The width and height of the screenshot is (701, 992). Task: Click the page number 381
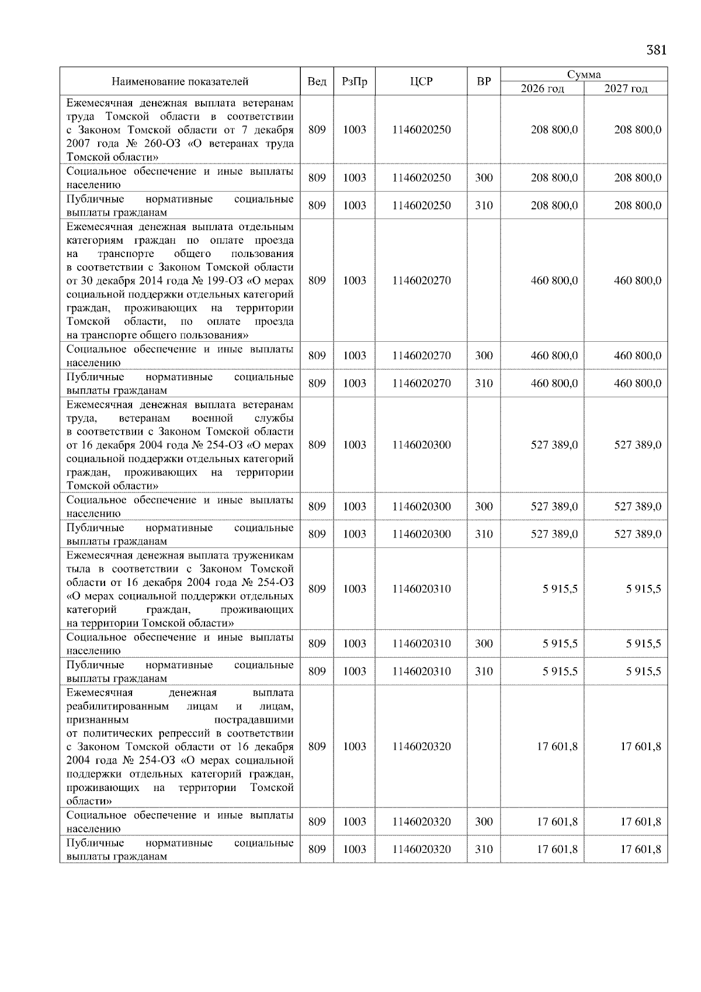(x=656, y=50)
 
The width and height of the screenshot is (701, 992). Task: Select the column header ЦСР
(x=421, y=82)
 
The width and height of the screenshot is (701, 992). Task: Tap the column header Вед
(x=317, y=82)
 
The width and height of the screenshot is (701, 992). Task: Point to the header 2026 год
(x=542, y=89)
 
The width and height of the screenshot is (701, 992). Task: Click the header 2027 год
(x=626, y=89)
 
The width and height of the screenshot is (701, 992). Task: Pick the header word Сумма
(x=584, y=74)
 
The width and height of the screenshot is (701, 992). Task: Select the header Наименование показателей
(x=180, y=82)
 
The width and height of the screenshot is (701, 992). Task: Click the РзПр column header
(x=354, y=82)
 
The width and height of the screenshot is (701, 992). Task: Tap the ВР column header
(x=484, y=82)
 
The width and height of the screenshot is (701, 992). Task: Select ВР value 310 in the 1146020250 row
(x=484, y=206)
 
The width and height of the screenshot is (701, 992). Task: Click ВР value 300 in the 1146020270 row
(x=484, y=356)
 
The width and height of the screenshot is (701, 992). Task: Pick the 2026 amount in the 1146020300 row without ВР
(x=554, y=445)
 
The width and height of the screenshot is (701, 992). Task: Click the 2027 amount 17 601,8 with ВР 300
(x=640, y=822)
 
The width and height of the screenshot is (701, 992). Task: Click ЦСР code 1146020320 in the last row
(x=421, y=849)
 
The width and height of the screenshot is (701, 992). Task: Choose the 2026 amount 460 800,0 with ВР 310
(x=554, y=384)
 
